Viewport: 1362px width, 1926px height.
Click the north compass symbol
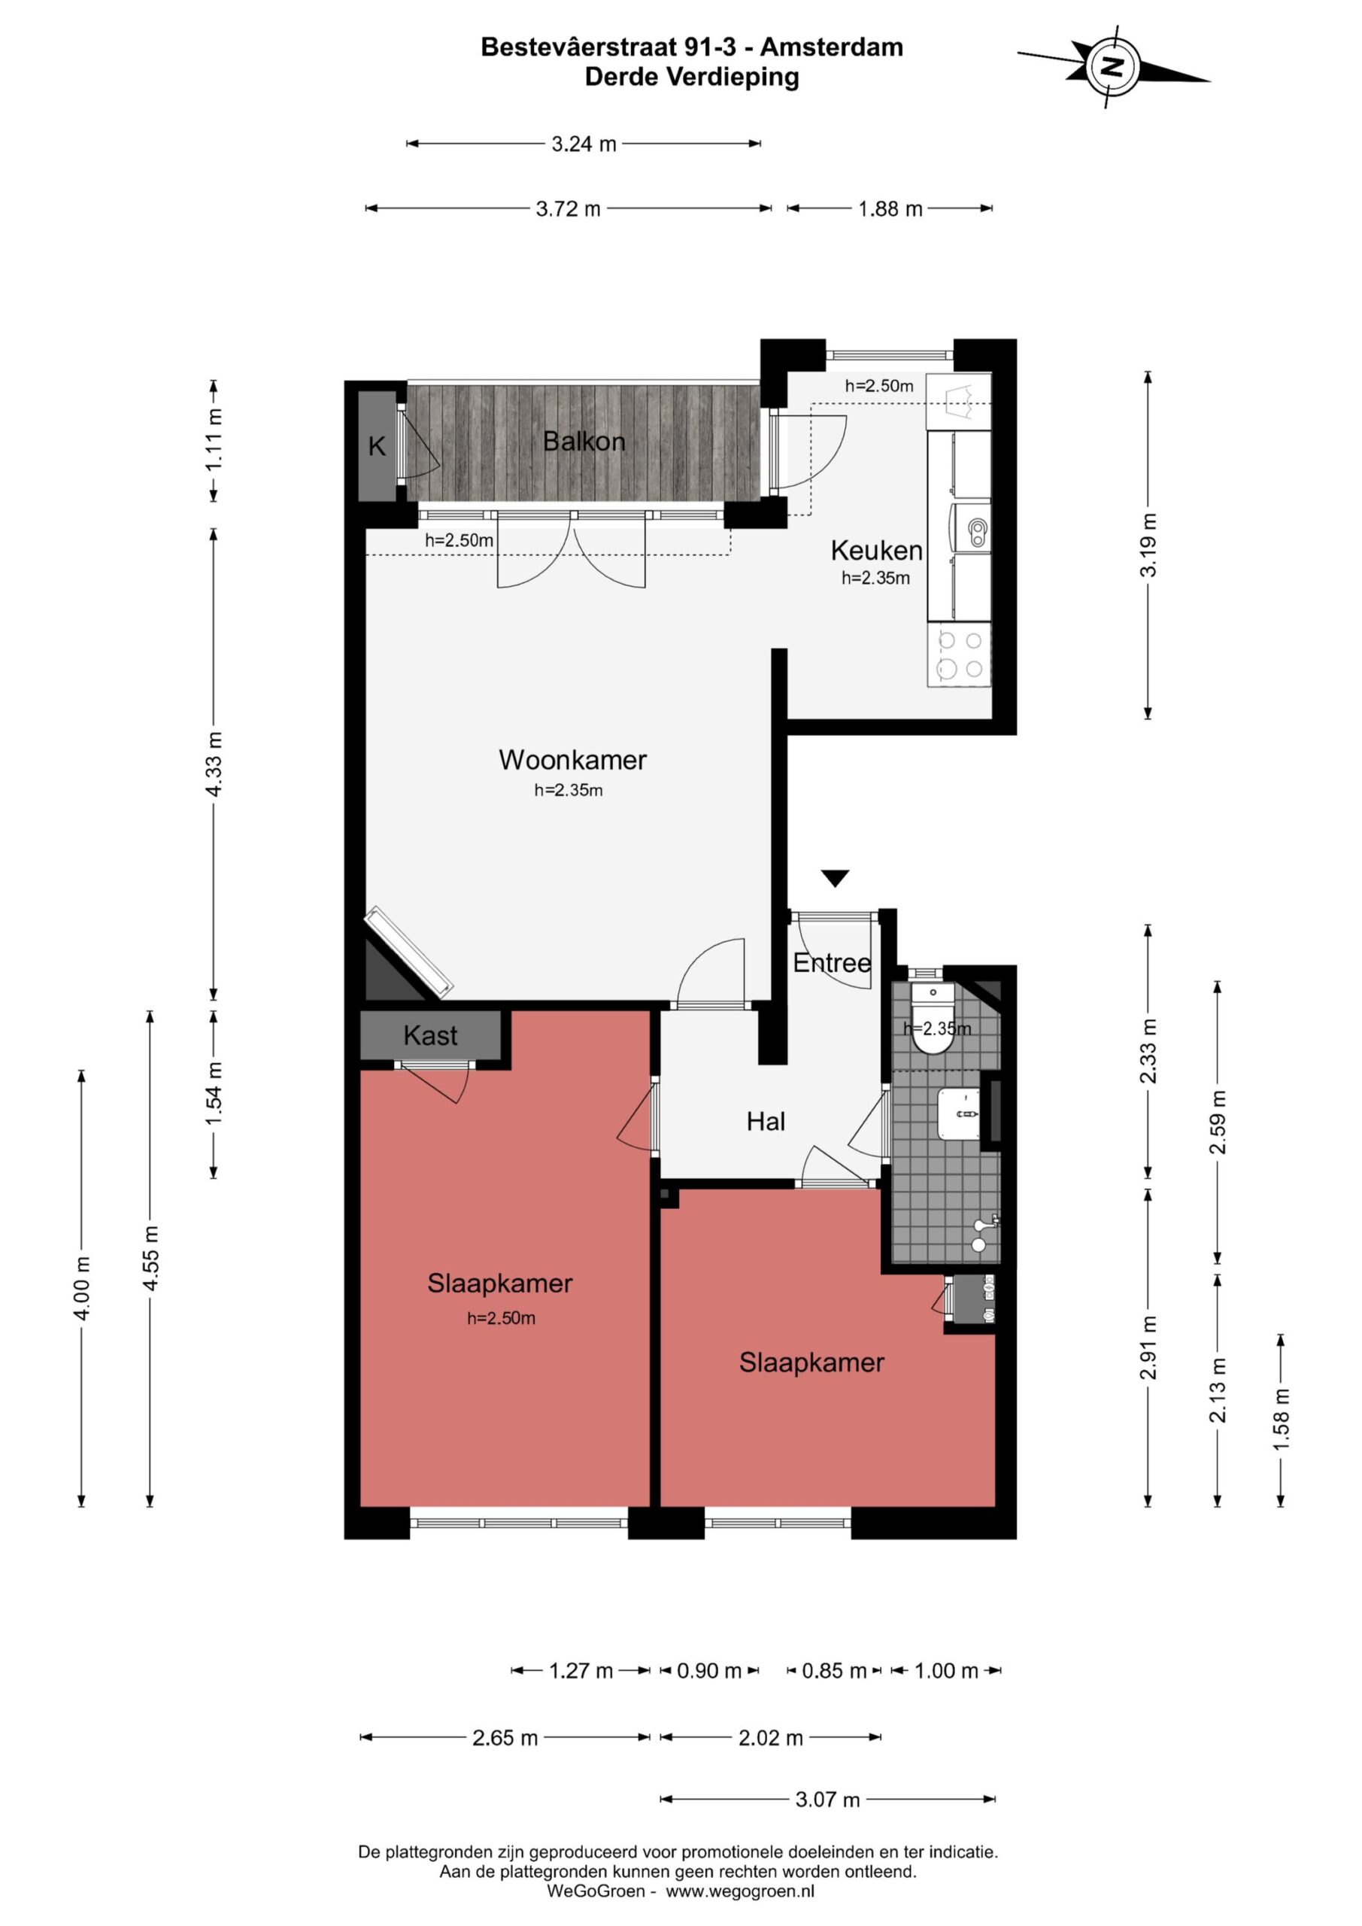tap(1113, 66)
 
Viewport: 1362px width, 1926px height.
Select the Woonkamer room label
tap(573, 760)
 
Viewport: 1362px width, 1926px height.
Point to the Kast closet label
tap(430, 1035)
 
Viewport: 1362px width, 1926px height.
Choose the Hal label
tap(766, 1122)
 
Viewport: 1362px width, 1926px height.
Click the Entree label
tap(832, 962)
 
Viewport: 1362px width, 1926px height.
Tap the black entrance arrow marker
tap(836, 878)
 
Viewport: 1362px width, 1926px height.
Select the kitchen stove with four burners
tap(960, 655)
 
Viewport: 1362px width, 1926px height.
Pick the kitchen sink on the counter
tap(970, 527)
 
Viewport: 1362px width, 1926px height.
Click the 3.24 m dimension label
tap(584, 144)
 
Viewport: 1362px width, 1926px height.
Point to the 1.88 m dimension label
tap(890, 209)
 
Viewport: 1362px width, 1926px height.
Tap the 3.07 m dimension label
tap(828, 1799)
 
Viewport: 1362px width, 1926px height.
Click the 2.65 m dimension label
tap(505, 1737)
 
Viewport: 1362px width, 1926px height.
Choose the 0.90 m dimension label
tap(709, 1670)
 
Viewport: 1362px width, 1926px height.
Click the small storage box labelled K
tap(378, 446)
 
